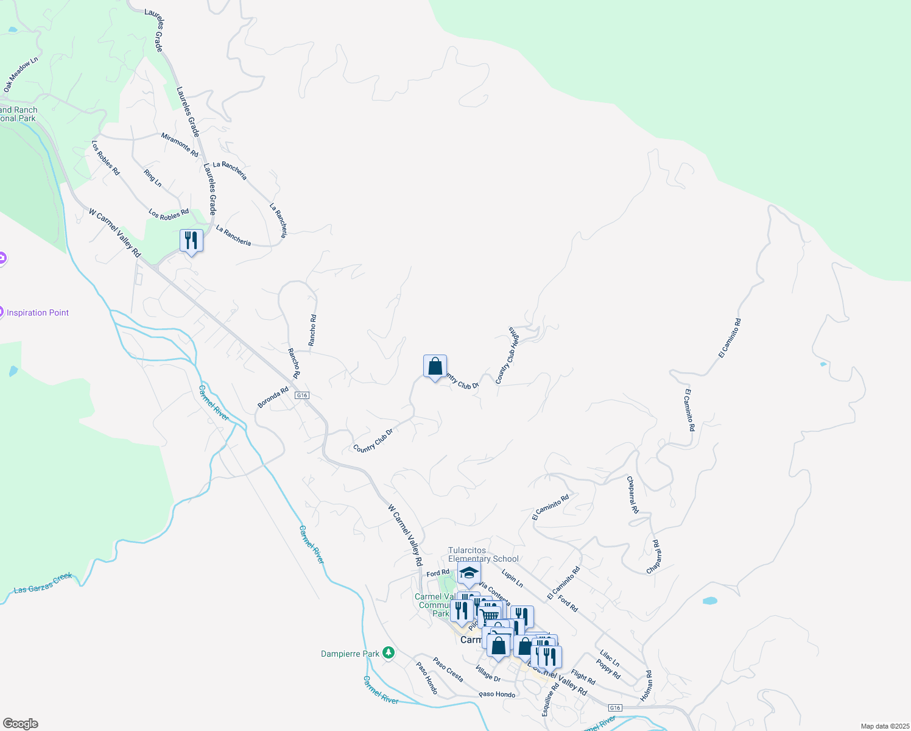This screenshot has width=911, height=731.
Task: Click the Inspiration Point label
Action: click(x=38, y=313)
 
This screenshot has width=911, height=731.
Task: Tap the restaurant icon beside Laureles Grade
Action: click(x=191, y=241)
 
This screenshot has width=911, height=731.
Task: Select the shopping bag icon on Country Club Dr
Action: click(x=435, y=367)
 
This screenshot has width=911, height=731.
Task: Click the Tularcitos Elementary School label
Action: click(x=484, y=554)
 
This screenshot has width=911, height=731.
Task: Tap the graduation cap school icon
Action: click(x=469, y=573)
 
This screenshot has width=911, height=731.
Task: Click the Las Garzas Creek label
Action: click(x=43, y=583)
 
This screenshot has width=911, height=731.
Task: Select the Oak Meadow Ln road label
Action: click(x=21, y=75)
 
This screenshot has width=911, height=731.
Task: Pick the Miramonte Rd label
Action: click(x=180, y=144)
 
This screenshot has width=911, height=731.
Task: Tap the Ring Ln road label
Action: click(x=153, y=178)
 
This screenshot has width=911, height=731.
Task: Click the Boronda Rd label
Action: click(x=273, y=398)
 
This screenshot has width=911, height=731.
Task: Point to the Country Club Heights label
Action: click(x=507, y=355)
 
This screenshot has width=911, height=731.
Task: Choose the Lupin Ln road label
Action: click(x=512, y=578)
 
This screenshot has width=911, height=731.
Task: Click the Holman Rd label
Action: click(x=646, y=685)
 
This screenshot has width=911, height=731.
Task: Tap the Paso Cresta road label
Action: click(x=448, y=669)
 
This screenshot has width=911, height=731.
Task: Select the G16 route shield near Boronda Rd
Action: click(x=301, y=395)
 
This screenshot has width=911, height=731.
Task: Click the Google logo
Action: click(x=21, y=724)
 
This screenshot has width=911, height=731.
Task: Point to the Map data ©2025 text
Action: click(x=884, y=726)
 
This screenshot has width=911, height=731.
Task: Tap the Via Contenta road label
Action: click(x=494, y=593)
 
